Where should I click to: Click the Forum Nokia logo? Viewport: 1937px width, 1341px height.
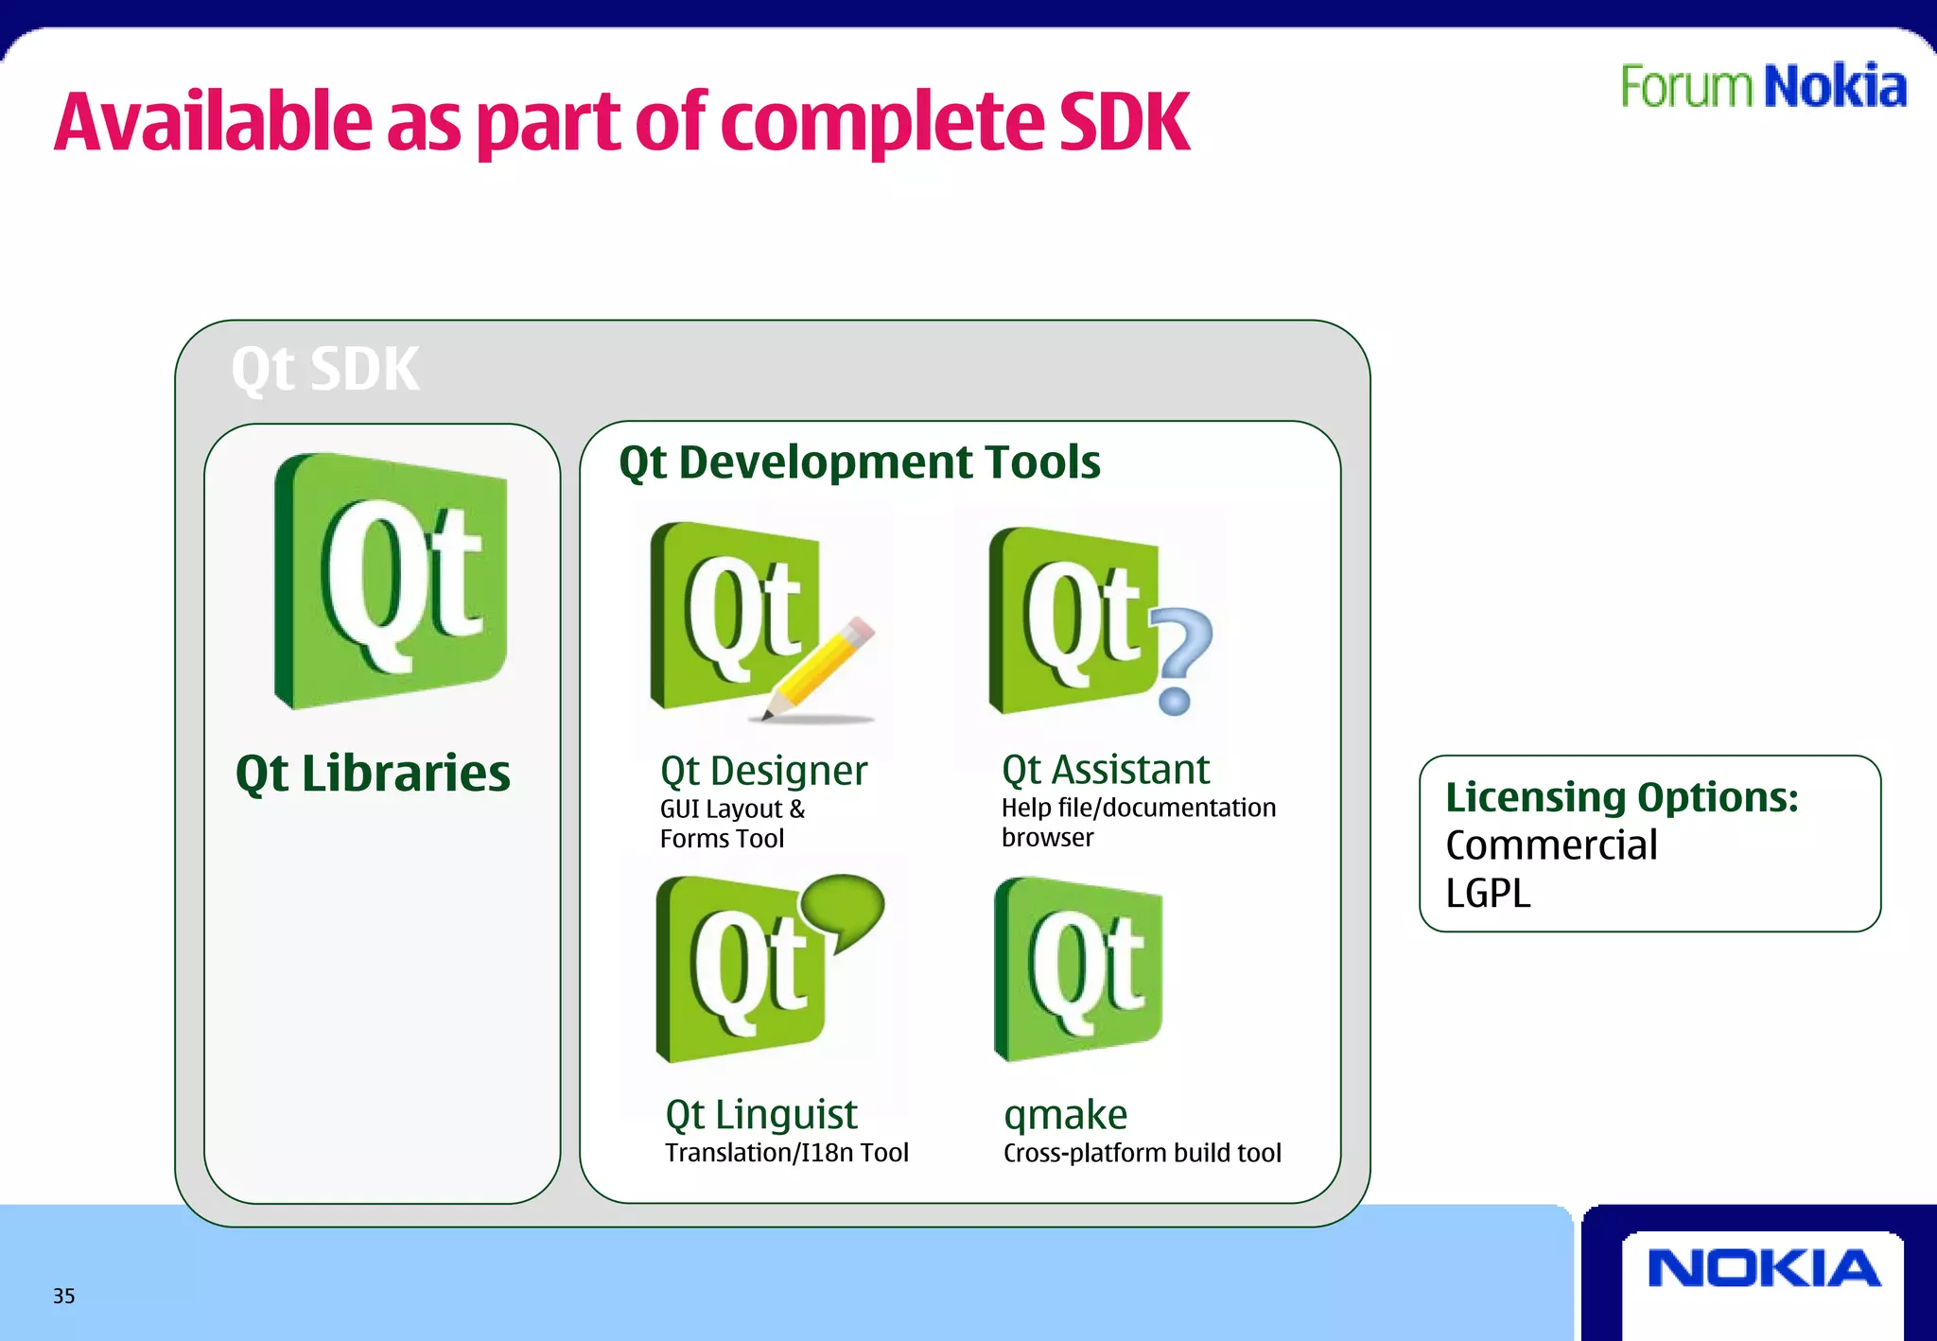[x=1763, y=86]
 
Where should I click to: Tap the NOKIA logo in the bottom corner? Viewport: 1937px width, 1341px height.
[x=1764, y=1268]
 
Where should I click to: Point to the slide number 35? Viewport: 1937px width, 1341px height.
[x=63, y=1296]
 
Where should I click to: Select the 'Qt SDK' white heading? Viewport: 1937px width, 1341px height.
[x=324, y=369]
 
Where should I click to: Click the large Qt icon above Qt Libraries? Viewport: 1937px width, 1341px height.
[x=391, y=581]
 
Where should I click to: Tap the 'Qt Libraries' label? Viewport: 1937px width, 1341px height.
[x=373, y=774]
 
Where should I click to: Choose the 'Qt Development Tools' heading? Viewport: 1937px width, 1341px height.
[x=859, y=462]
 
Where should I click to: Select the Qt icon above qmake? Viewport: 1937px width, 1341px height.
[x=1078, y=969]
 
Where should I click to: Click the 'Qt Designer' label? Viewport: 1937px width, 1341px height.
[x=763, y=771]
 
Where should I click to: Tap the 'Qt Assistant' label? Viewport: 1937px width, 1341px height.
[x=1105, y=770]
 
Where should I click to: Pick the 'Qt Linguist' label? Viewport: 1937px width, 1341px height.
[x=761, y=1114]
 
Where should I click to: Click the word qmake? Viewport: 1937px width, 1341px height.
[x=1065, y=1115]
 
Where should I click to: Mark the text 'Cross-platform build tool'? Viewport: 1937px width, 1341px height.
[x=1142, y=1153]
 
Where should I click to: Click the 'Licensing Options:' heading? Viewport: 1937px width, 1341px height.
[x=1621, y=797]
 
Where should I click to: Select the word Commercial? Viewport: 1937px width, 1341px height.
[x=1551, y=845]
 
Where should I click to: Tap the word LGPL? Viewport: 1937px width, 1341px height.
[x=1488, y=894]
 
